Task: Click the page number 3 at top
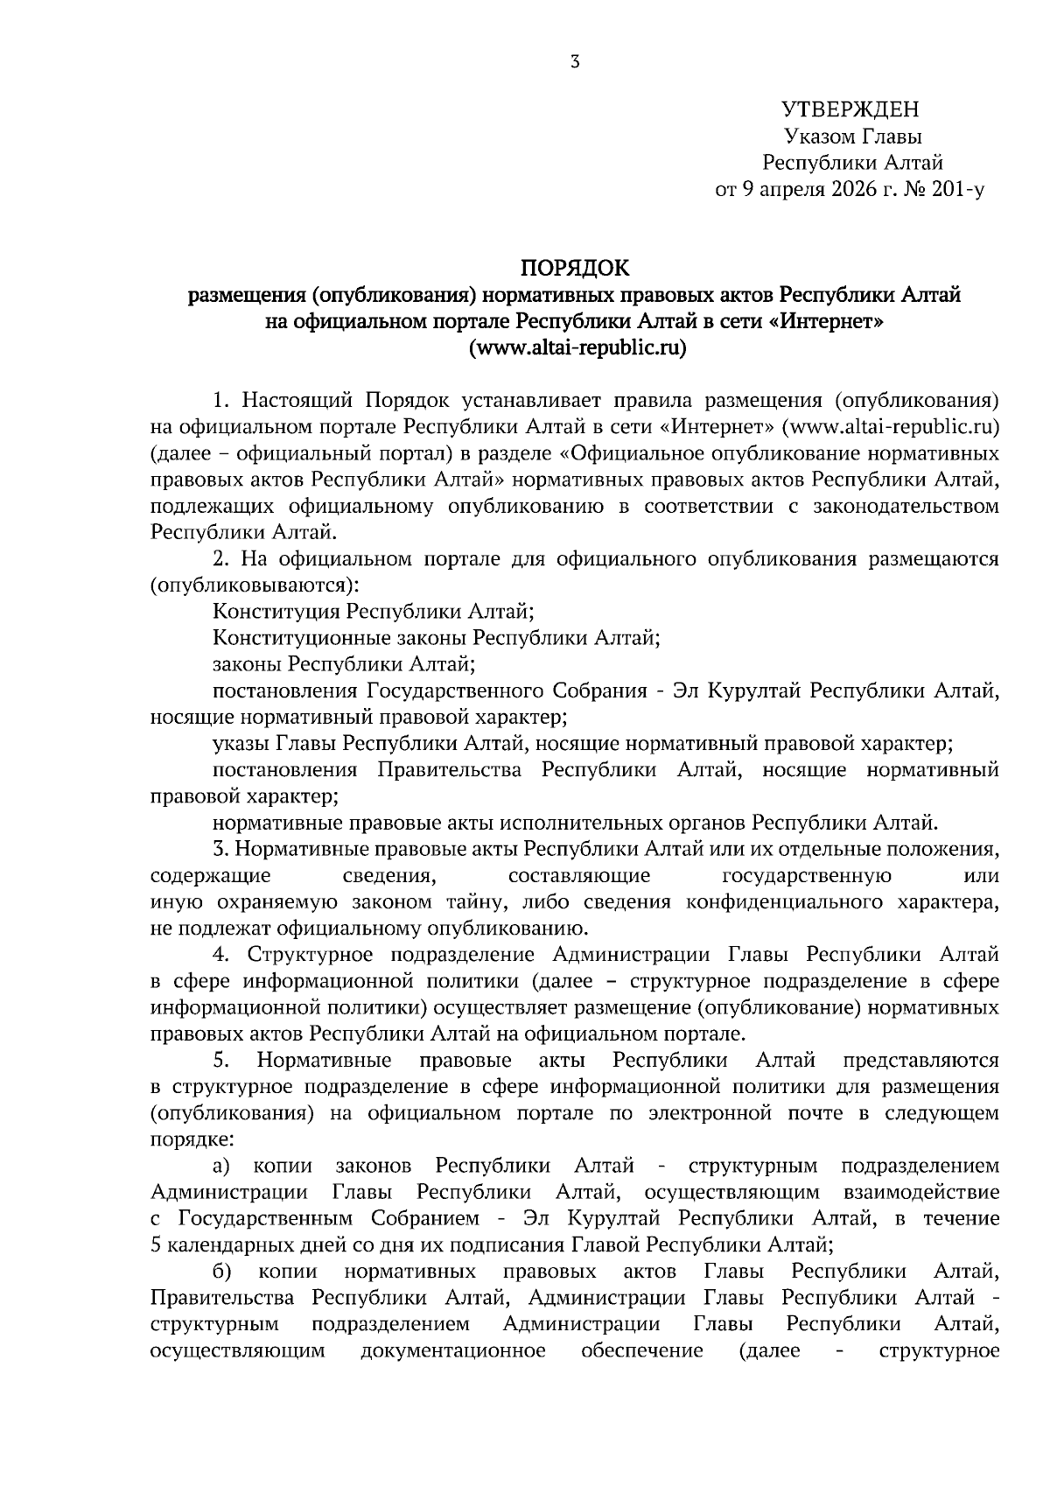point(574,61)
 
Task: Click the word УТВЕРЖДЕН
point(851,109)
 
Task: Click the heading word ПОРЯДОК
point(575,267)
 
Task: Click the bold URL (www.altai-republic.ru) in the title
point(575,347)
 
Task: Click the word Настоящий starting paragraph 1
point(297,401)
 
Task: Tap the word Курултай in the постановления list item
point(757,690)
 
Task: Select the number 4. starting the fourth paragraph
point(221,955)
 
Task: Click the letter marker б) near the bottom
point(221,1271)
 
